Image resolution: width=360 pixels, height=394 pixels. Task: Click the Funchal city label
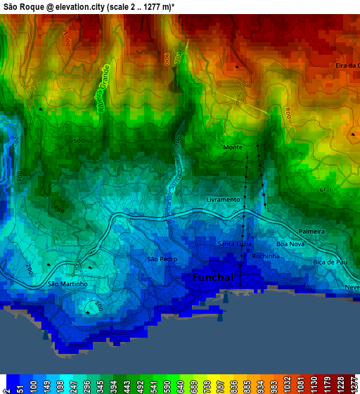pos(213,278)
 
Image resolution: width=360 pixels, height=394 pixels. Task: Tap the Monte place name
pos(232,148)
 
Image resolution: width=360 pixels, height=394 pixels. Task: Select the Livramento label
pos(223,200)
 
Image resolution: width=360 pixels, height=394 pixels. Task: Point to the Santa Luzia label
pos(234,244)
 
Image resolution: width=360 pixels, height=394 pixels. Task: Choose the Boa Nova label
pos(290,244)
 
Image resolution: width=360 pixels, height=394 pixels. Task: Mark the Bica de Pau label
pos(330,262)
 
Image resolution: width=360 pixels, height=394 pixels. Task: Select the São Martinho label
pos(67,284)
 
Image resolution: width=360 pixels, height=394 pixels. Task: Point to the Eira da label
pos(347,65)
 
